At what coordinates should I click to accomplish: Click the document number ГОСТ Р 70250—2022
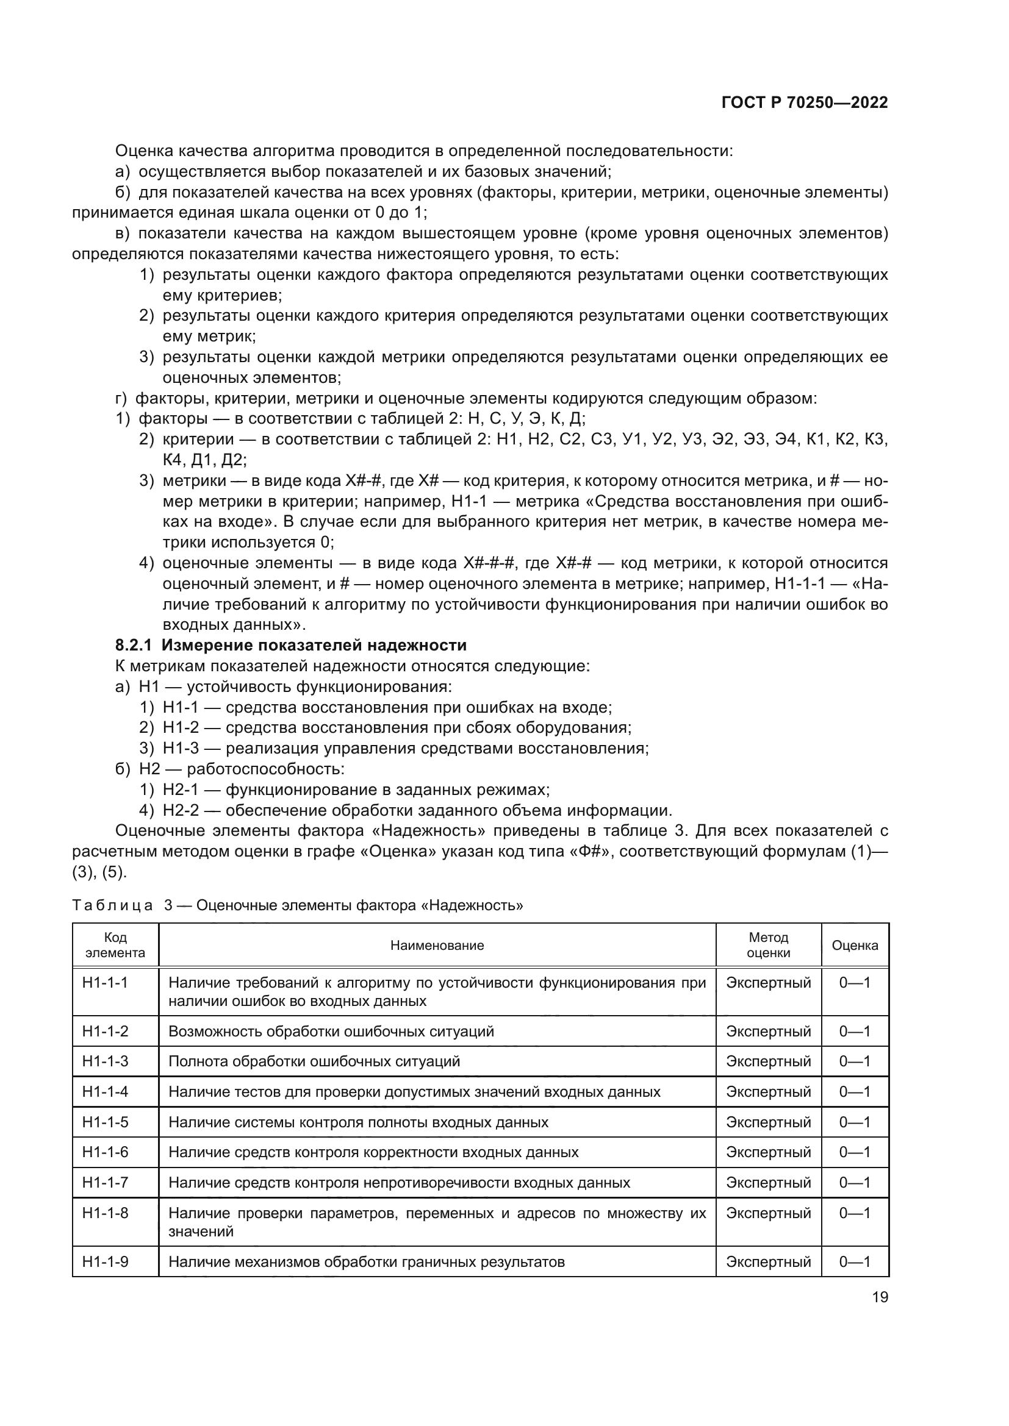(x=805, y=103)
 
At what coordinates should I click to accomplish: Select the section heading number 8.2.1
(x=135, y=645)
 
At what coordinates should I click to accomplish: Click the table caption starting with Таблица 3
(x=297, y=905)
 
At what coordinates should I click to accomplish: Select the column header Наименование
(x=437, y=946)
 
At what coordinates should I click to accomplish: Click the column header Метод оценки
(x=768, y=946)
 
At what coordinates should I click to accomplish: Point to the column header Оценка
(x=854, y=946)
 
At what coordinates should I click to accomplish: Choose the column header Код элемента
(x=115, y=946)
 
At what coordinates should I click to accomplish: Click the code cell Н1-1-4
(x=105, y=1091)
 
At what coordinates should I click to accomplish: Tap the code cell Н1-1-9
(x=105, y=1261)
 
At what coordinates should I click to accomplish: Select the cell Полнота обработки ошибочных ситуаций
(x=314, y=1061)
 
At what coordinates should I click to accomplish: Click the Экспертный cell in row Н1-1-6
(x=768, y=1152)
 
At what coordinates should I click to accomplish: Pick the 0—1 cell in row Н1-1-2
(x=854, y=1031)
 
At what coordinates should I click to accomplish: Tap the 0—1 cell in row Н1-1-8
(x=854, y=1213)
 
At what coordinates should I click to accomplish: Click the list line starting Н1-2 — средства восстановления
(x=397, y=727)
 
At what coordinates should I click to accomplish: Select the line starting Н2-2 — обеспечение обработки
(x=417, y=810)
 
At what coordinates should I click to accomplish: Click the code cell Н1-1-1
(x=105, y=983)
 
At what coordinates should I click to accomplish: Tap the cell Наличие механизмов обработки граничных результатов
(x=367, y=1261)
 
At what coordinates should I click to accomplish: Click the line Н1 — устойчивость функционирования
(x=295, y=686)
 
